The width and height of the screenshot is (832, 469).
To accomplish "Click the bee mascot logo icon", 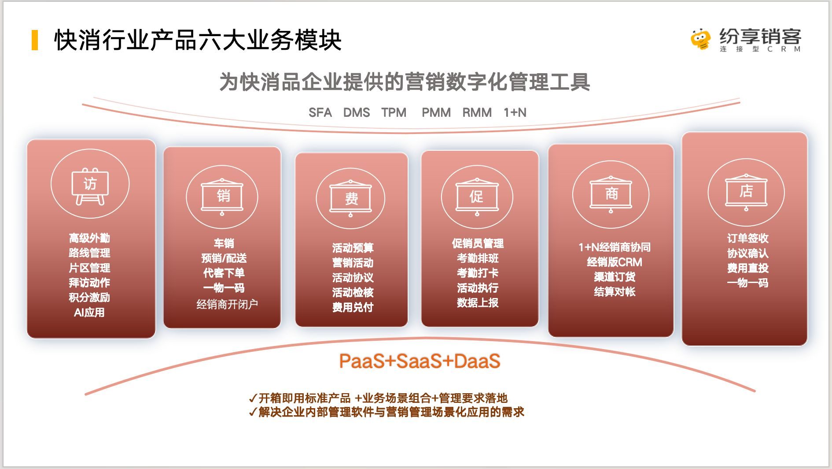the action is point(701,39).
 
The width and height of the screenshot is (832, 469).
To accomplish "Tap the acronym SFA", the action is point(320,113).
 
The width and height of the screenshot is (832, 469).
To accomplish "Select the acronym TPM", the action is point(394,113).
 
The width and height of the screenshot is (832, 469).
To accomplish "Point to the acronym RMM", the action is point(477,113).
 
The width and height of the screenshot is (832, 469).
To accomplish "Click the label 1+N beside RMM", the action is point(515,113).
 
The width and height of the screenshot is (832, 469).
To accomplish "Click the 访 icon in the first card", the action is point(90,186).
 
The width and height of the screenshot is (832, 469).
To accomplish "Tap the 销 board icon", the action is point(222,197).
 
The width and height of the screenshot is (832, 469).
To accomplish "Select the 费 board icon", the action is point(351,198).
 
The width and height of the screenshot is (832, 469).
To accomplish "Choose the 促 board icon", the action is point(477,197).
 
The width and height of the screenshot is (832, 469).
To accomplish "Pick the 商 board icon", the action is point(611,194).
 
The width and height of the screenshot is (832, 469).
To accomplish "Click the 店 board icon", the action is point(746,192).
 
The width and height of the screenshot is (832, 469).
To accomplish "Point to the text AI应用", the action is point(89,313).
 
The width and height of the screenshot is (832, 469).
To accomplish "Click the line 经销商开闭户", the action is point(227,304).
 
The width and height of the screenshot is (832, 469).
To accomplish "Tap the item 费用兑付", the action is point(353,307).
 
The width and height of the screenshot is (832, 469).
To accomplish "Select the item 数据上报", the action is point(478,303).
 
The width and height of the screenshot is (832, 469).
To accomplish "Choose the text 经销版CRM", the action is point(615,262).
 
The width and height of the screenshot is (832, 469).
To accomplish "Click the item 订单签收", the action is point(747,238).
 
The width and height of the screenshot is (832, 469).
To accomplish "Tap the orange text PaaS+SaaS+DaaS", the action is point(420,361).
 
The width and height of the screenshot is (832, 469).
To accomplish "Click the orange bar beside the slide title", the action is point(35,40).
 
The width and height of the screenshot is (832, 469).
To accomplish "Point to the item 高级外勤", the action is point(89,238).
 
